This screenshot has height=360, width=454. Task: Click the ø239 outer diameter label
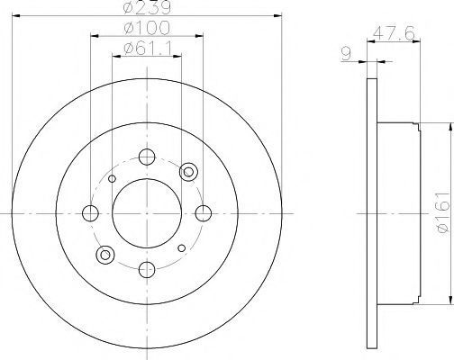(x=147, y=6)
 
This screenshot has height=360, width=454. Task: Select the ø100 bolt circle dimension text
(x=147, y=28)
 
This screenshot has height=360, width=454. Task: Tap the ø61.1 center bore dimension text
(x=147, y=49)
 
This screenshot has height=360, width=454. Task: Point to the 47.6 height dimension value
(x=394, y=33)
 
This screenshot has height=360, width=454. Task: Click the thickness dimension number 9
(x=347, y=54)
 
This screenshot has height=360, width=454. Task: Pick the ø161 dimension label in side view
(x=444, y=213)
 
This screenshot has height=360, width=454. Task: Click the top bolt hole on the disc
(x=147, y=157)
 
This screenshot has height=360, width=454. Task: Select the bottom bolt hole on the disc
(x=147, y=269)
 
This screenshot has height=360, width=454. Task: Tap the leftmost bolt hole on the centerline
(x=90, y=213)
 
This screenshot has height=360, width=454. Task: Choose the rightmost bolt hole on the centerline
(x=204, y=213)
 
